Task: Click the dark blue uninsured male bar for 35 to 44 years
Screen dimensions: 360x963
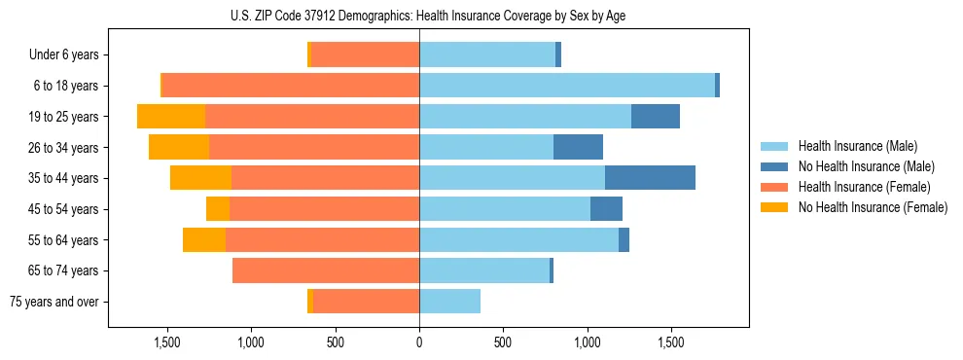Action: (650, 178)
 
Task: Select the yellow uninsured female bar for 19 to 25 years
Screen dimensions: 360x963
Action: (171, 117)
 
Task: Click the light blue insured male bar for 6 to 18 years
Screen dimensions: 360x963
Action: (567, 86)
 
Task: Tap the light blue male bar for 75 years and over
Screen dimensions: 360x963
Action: (449, 302)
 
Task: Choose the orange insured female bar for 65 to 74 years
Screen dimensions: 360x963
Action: (326, 270)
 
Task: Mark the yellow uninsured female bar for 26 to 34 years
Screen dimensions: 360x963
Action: (179, 147)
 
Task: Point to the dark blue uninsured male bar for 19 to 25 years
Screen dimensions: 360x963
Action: (656, 117)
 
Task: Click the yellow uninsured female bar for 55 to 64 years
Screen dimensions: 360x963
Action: (204, 239)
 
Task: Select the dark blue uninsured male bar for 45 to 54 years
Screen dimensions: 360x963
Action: (606, 209)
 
